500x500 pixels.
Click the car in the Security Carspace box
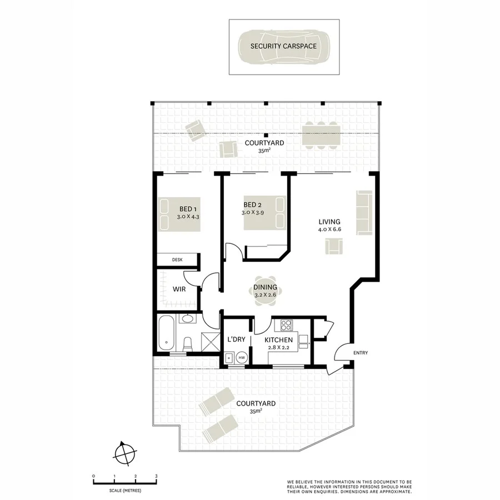284,47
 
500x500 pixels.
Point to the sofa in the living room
364,212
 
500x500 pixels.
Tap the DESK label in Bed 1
177,259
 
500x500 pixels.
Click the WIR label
179,289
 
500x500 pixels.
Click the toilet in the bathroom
188,344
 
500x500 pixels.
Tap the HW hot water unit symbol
242,358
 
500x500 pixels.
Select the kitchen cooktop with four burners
287,325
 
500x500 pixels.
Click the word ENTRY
361,353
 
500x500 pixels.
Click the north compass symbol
124,453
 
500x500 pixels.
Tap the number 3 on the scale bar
156,477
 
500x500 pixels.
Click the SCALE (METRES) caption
125,491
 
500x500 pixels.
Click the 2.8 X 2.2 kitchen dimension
278,347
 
